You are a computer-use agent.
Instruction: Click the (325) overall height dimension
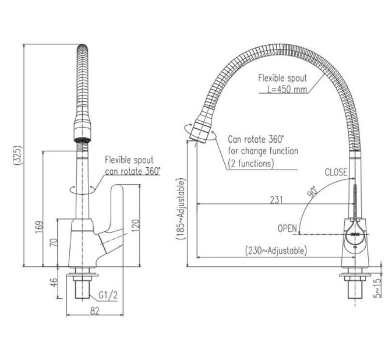tap(18, 155)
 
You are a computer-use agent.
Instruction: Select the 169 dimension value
tap(39, 227)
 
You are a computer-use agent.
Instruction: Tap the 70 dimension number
tap(54, 243)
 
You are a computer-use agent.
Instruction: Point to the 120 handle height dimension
tap(136, 225)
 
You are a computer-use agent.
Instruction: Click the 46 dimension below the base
tap(54, 283)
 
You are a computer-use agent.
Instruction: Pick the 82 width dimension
tap(95, 310)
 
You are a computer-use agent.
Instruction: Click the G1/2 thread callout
tap(108, 295)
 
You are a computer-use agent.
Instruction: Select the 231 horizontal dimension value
tap(276, 200)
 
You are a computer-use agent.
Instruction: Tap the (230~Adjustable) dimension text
tap(276, 250)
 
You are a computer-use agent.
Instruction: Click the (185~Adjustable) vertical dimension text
tap(181, 209)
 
